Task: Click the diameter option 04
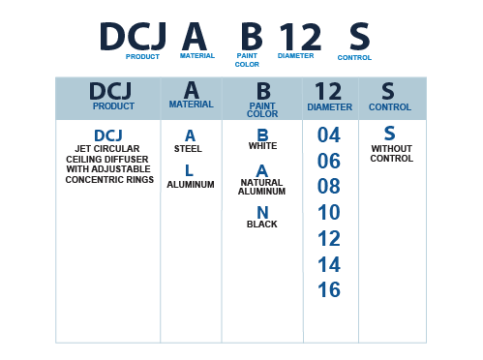pos(329,135)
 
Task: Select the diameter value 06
pos(329,161)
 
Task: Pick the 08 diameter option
pos(329,186)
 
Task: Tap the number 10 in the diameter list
pos(329,212)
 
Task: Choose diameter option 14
pos(329,264)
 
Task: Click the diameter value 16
pos(329,289)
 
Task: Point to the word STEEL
pos(188,149)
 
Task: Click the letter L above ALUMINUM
pos(190,170)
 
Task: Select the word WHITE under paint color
pos(262,146)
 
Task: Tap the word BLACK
pos(262,225)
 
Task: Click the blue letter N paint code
pos(262,213)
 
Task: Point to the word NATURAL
pos(261,182)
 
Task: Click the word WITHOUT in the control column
pos(392,149)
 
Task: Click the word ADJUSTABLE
pos(126,169)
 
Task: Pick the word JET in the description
pos(81,149)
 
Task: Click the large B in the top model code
pos(252,36)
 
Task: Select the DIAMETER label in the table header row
pos(329,107)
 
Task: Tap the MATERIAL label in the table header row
pos(192,105)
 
